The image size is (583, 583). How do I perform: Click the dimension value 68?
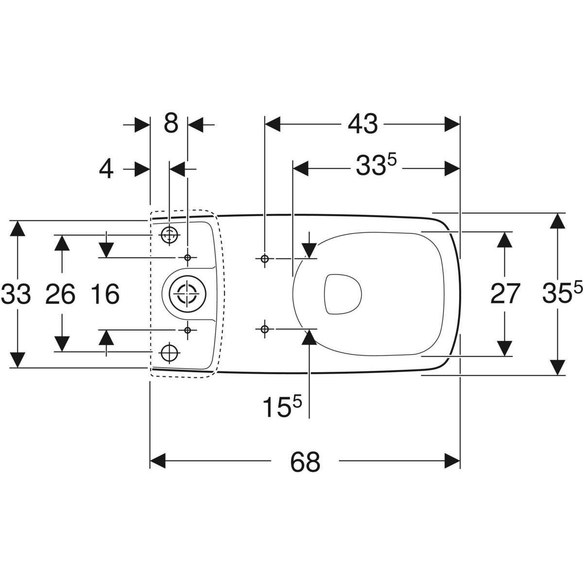tap(305, 462)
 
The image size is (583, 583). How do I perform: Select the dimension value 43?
tap(362, 124)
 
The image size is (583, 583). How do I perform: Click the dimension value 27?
tap(505, 293)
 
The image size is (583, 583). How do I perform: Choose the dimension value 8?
tap(170, 123)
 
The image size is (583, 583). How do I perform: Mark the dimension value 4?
tap(106, 169)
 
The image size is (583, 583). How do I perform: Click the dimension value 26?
tap(60, 294)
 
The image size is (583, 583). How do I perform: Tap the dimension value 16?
tap(105, 294)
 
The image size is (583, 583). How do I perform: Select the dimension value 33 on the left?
tap(16, 294)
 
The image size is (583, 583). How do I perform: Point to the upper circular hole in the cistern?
tap(169, 235)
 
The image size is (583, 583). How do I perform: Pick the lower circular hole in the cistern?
tap(169, 351)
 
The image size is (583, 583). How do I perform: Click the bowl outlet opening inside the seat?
tap(343, 293)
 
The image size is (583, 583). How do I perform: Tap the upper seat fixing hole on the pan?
tap(264, 258)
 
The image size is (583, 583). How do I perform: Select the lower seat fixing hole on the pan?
tap(264, 329)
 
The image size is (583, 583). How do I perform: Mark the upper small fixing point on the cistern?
tap(188, 257)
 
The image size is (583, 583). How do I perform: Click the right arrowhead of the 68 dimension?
tap(452, 461)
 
